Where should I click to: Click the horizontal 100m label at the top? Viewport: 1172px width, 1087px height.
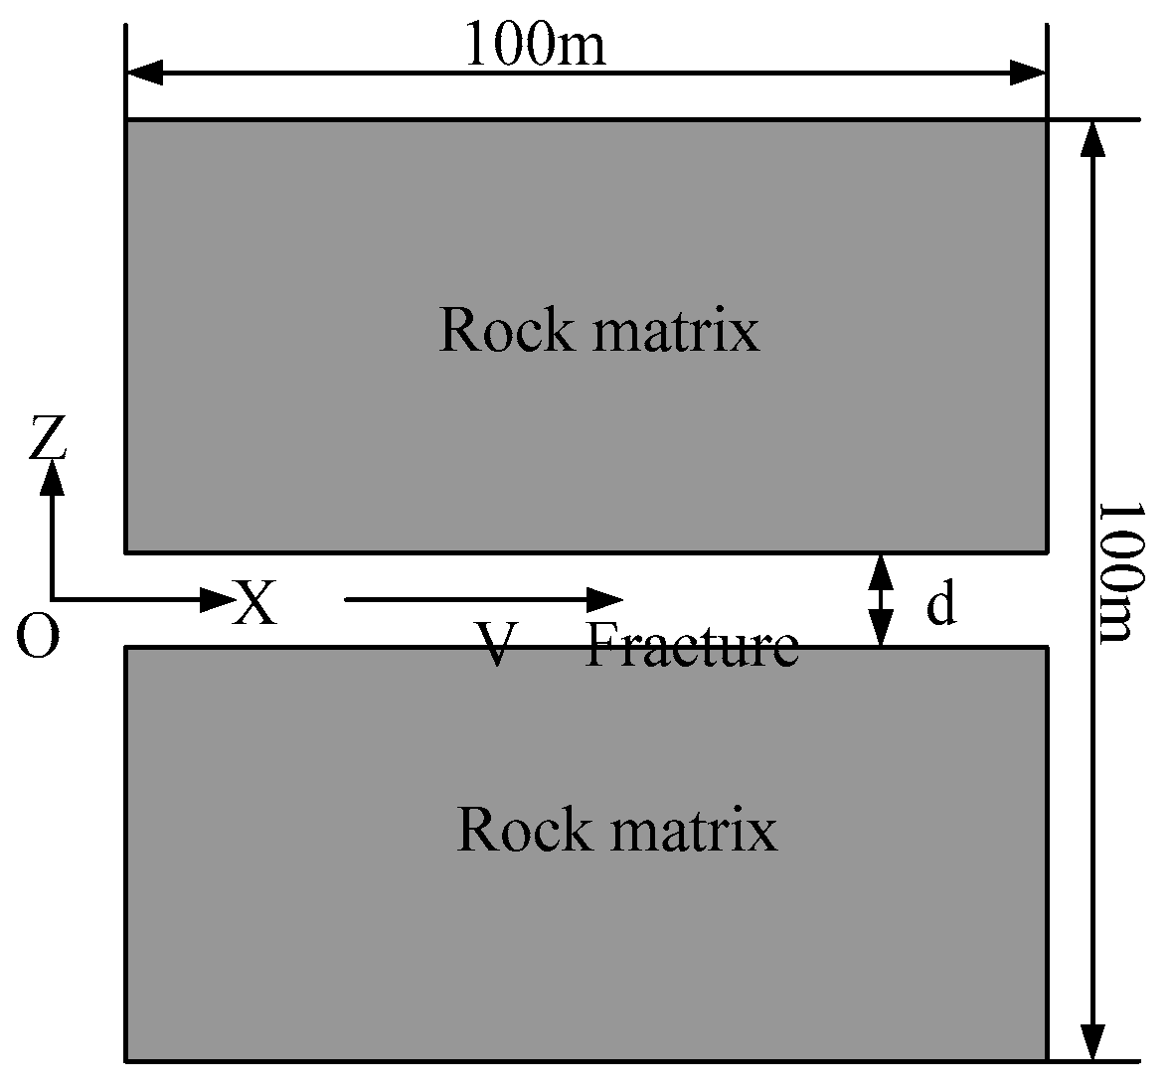coord(535,45)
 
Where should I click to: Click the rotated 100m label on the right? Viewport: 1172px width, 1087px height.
coord(1121,570)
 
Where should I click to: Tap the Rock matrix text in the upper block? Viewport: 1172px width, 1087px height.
coord(598,330)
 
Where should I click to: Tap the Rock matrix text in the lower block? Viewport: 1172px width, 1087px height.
coord(616,829)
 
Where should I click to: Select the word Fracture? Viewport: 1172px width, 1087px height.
coord(692,646)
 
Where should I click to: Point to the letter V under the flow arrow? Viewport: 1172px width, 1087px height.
coord(493,646)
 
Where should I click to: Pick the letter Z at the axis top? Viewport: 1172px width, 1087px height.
coord(48,438)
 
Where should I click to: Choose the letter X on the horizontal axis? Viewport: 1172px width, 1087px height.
coord(254,603)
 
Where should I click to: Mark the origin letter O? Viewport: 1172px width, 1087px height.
coord(38,637)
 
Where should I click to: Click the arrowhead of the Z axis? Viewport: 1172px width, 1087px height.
coord(53,476)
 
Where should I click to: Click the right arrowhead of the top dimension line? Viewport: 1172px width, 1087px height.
coord(1028,72)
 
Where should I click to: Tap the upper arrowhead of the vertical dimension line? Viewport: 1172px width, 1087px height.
coord(1092,139)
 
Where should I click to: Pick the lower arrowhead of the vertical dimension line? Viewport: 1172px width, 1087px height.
coord(1092,1042)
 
